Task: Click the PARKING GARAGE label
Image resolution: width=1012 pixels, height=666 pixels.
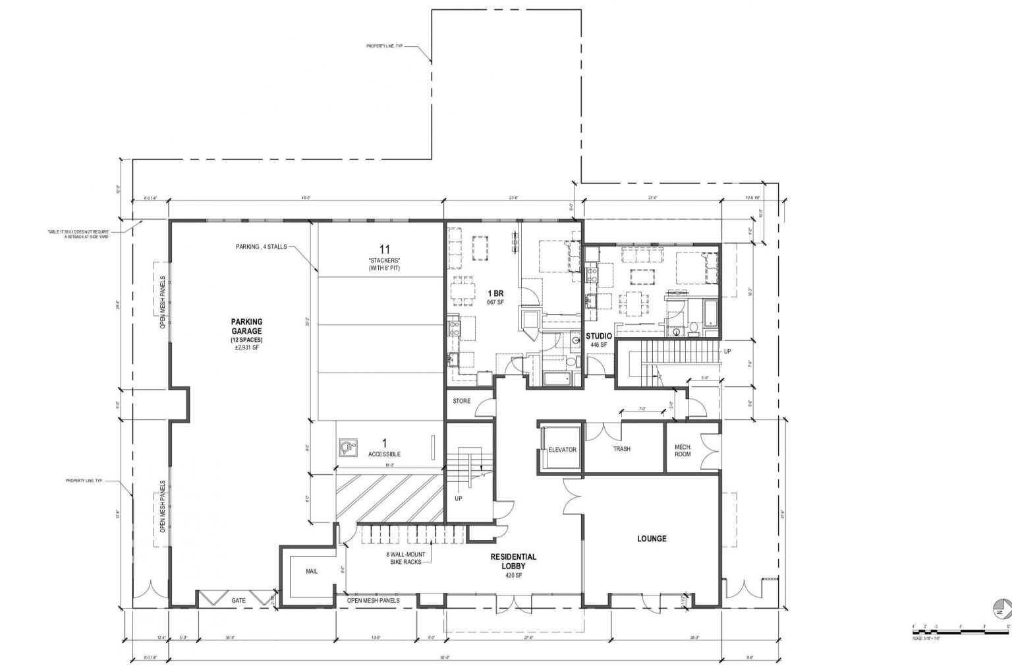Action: tap(246, 326)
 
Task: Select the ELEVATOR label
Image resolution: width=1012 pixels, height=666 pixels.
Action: tap(562, 450)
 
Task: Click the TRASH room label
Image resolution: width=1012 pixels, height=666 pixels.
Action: tap(621, 449)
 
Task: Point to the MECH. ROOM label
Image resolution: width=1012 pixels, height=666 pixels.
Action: tap(683, 450)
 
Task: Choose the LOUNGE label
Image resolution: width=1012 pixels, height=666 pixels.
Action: tap(651, 539)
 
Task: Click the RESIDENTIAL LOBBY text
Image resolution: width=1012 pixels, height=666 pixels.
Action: tap(513, 562)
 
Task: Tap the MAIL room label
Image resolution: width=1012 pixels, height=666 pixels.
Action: tap(312, 571)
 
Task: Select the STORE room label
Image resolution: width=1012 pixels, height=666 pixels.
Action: tap(462, 401)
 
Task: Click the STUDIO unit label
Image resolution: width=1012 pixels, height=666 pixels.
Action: tap(599, 336)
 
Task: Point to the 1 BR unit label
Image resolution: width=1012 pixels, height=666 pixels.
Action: tap(495, 293)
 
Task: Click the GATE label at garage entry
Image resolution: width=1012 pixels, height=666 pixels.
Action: tap(239, 601)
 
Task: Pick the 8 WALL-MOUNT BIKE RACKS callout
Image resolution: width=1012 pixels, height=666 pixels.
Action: tap(404, 559)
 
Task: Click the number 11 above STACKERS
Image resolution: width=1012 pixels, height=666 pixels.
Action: tap(385, 249)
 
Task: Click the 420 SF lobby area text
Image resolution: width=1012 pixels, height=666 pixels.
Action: tap(513, 576)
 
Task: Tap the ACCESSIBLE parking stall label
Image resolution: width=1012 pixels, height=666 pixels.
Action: tap(384, 454)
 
